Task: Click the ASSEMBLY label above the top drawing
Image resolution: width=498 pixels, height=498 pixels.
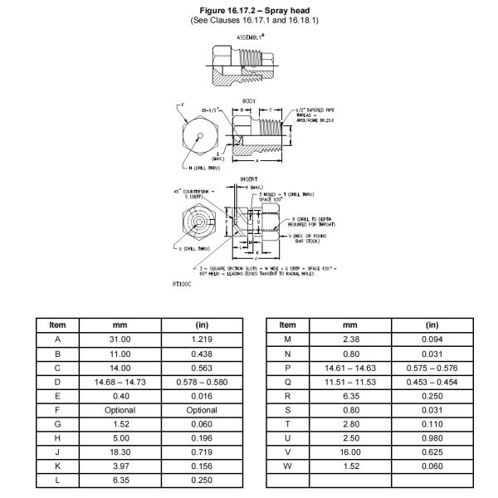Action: pyautogui.click(x=248, y=37)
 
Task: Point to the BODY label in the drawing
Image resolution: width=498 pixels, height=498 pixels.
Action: pyautogui.click(x=248, y=100)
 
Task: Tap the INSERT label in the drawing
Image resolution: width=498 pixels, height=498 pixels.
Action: pyautogui.click(x=248, y=178)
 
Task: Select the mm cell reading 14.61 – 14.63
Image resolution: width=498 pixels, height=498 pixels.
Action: pyautogui.click(x=350, y=368)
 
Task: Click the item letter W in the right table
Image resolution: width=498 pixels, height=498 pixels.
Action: pyautogui.click(x=288, y=466)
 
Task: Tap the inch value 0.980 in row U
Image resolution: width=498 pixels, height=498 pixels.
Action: pyautogui.click(x=432, y=438)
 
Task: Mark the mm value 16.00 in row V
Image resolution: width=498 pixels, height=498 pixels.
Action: pyautogui.click(x=350, y=452)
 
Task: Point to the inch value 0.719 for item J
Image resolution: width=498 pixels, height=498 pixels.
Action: pyautogui.click(x=202, y=452)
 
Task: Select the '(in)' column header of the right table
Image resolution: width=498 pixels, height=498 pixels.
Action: pyautogui.click(x=432, y=325)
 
